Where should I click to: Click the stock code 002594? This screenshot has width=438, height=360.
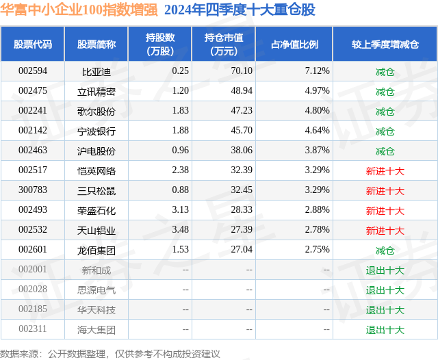pyautogui.click(x=33, y=71)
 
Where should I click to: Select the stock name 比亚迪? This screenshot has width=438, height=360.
pyautogui.click(x=96, y=71)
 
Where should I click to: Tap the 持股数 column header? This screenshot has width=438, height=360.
pyautogui.click(x=160, y=44)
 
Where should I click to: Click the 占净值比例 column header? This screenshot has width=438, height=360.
pyautogui.click(x=299, y=44)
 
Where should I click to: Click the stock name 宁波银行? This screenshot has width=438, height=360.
pyautogui.click(x=96, y=131)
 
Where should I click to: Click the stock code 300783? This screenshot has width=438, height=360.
pyautogui.click(x=33, y=191)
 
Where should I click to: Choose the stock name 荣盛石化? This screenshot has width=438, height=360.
pyautogui.click(x=96, y=211)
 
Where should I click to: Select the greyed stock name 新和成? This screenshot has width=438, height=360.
pyautogui.click(x=96, y=270)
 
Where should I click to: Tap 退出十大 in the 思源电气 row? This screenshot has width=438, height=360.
pyautogui.click(x=385, y=290)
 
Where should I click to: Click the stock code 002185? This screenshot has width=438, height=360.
pyautogui.click(x=33, y=310)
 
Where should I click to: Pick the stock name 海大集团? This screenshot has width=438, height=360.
pyautogui.click(x=96, y=330)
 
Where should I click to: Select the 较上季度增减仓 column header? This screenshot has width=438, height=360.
pyautogui.click(x=385, y=44)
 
